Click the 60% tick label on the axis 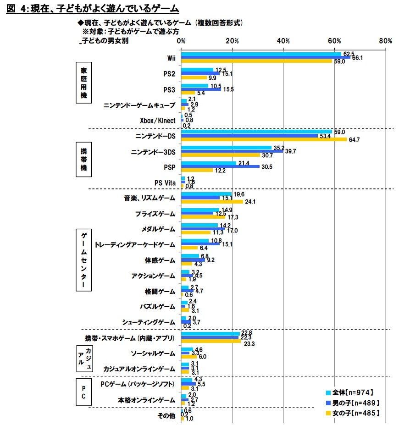[335, 41]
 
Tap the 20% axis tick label [232, 41]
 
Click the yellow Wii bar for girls [256, 61]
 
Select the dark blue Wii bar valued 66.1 [266, 58]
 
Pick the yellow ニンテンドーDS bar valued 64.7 [264, 139]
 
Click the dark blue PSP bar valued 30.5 [220, 167]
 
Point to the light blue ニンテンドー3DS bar [226, 148]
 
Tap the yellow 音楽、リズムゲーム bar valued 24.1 [212, 201]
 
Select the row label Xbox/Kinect [157, 121]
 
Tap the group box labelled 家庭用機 [84, 83]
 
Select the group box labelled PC [84, 392]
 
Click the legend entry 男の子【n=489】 [352, 403]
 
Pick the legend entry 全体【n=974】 [352, 392]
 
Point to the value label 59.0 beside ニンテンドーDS [340, 132]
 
